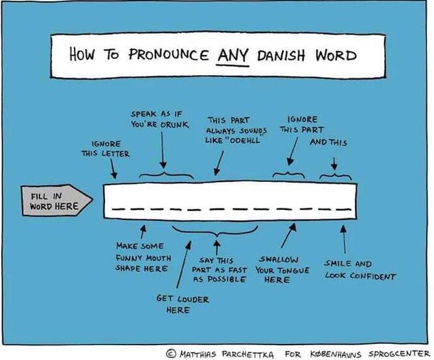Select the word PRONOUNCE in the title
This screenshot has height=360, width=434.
[165, 54]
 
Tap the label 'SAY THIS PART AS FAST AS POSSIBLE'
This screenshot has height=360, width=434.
[220, 270]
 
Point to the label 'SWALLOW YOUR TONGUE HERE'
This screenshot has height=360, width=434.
[278, 270]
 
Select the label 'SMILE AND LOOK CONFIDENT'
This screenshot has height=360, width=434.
[360, 270]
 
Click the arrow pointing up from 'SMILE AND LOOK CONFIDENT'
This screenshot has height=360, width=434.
[343, 239]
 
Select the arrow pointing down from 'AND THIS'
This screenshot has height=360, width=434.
[334, 161]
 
